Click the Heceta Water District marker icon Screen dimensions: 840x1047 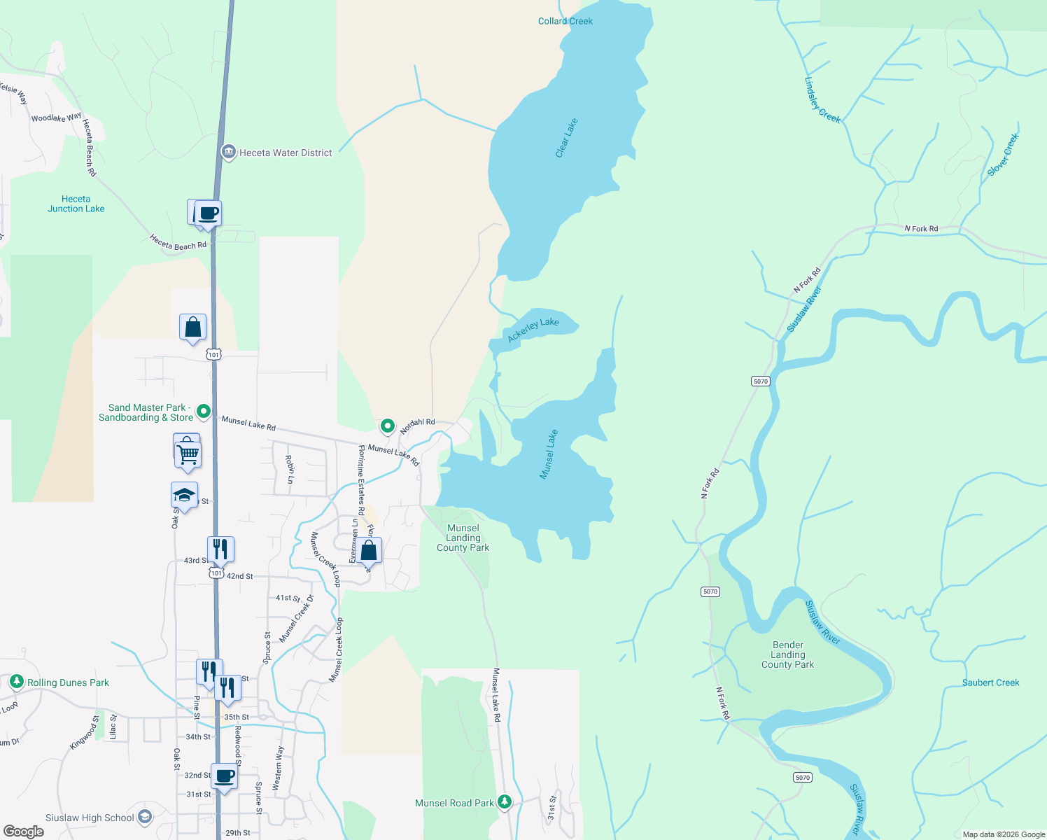point(228,152)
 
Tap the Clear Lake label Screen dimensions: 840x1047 point(566,138)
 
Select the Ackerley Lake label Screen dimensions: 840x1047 point(533,330)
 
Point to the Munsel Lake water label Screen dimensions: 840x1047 point(549,454)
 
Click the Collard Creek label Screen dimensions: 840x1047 point(565,21)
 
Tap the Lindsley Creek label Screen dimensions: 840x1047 point(822,100)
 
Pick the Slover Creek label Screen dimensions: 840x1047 point(1003,155)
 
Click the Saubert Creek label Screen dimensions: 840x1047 point(990,682)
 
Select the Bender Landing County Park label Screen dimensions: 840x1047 point(787,654)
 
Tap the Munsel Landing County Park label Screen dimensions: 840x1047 point(463,538)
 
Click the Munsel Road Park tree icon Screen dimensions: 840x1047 point(504,802)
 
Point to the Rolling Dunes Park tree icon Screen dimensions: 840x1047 point(16,682)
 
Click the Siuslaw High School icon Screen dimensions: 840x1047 point(145,817)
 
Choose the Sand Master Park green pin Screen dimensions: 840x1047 point(204,411)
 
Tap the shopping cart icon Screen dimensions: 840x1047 point(188,454)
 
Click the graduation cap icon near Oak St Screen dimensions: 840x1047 point(184,495)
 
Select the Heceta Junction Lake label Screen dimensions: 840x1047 point(76,204)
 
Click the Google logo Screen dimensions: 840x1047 point(23,832)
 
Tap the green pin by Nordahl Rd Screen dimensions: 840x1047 point(387,425)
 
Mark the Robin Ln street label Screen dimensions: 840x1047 point(290,469)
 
